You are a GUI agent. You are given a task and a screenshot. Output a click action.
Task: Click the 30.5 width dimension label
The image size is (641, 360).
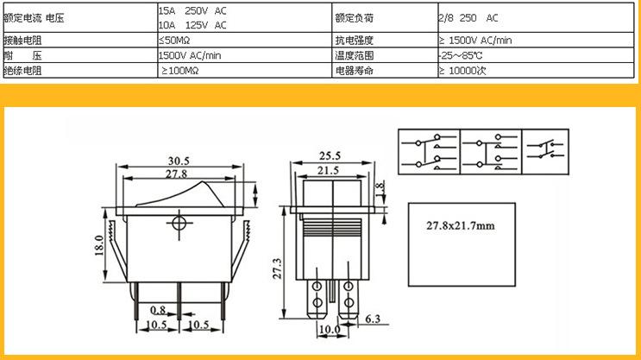point(179,161)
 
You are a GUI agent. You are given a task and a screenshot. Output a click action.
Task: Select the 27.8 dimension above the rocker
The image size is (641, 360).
point(176,174)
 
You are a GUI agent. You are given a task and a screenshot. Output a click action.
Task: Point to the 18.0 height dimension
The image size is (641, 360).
point(99,245)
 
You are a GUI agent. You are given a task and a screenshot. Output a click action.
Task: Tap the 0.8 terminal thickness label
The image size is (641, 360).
point(158,310)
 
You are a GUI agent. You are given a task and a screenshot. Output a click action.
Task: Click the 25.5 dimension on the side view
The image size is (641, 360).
point(330,156)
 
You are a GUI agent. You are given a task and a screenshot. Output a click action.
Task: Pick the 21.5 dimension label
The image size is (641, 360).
point(329,170)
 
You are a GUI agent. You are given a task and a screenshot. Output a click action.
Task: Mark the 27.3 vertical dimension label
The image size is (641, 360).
point(277,268)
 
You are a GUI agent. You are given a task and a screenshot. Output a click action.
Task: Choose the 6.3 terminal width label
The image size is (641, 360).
point(373,319)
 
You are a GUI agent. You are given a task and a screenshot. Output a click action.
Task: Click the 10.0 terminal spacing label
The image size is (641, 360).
point(330,329)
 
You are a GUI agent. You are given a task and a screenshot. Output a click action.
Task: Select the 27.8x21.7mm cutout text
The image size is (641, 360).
point(461,225)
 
